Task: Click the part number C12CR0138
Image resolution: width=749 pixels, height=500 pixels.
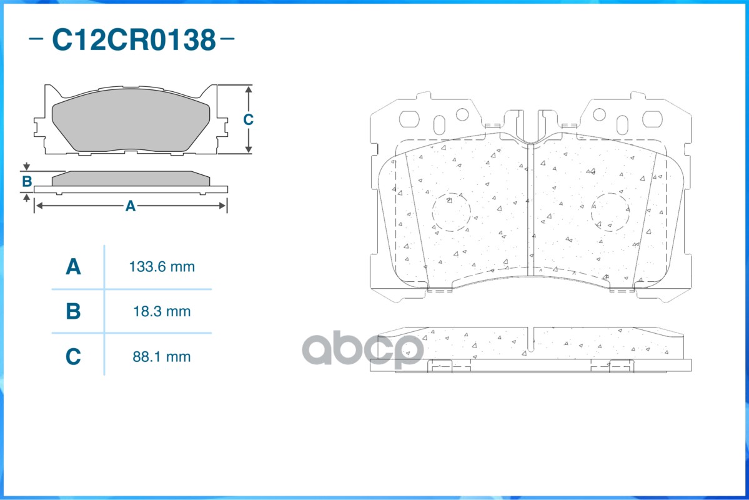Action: click(x=133, y=40)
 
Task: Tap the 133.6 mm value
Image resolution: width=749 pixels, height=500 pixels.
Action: click(x=162, y=267)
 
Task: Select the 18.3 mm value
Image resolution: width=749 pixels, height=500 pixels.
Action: click(x=162, y=311)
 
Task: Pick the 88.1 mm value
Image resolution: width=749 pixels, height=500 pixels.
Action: click(x=162, y=357)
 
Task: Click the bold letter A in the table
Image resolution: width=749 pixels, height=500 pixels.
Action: click(x=74, y=267)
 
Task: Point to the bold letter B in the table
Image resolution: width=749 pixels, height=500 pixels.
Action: click(x=74, y=311)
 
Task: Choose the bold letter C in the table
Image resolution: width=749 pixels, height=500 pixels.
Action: click(x=74, y=357)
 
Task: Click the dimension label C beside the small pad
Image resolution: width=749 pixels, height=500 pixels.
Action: click(x=248, y=119)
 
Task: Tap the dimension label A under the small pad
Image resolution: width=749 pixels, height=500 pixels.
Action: click(x=130, y=206)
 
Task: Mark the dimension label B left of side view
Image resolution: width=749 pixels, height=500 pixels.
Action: click(x=27, y=182)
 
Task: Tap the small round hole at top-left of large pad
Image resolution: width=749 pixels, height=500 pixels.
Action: click(x=462, y=114)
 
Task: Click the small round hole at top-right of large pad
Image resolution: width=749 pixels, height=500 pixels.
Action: click(x=599, y=114)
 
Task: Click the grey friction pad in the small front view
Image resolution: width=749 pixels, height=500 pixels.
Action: click(x=131, y=125)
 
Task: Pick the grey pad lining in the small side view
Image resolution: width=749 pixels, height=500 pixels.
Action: click(x=131, y=178)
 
